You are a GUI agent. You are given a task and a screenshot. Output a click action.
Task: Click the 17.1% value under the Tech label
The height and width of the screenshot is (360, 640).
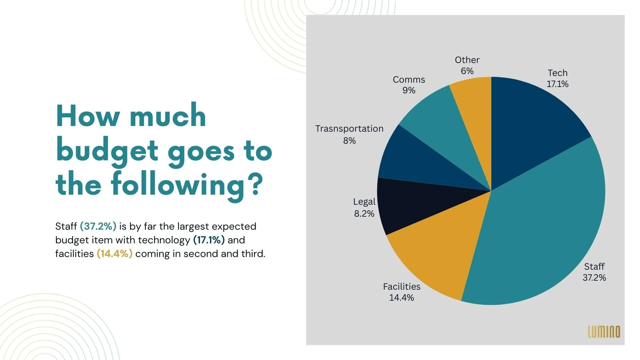click(x=557, y=84)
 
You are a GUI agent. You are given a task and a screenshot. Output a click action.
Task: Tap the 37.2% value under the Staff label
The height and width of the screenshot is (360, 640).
click(x=594, y=278)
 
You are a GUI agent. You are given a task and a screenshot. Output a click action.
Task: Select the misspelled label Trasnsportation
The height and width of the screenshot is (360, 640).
click(x=349, y=129)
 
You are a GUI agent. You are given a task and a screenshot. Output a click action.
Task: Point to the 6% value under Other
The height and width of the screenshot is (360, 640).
click(x=467, y=71)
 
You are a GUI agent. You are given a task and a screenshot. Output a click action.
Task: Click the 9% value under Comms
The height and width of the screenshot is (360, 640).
click(x=409, y=90)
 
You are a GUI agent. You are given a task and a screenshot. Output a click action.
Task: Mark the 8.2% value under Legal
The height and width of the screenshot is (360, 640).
click(x=364, y=214)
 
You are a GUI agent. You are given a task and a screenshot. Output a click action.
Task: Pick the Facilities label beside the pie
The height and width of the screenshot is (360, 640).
click(x=401, y=287)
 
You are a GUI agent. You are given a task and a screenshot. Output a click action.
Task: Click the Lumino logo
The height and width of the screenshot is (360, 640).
click(x=604, y=332)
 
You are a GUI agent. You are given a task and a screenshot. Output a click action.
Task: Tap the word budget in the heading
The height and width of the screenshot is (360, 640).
click(x=107, y=151)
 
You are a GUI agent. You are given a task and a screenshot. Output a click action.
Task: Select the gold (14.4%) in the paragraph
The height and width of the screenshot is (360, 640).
click(x=114, y=254)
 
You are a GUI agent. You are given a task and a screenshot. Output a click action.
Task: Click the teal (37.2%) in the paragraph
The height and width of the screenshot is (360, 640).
click(x=98, y=226)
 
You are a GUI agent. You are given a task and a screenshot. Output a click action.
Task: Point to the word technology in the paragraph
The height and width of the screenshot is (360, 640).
click(x=164, y=240)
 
